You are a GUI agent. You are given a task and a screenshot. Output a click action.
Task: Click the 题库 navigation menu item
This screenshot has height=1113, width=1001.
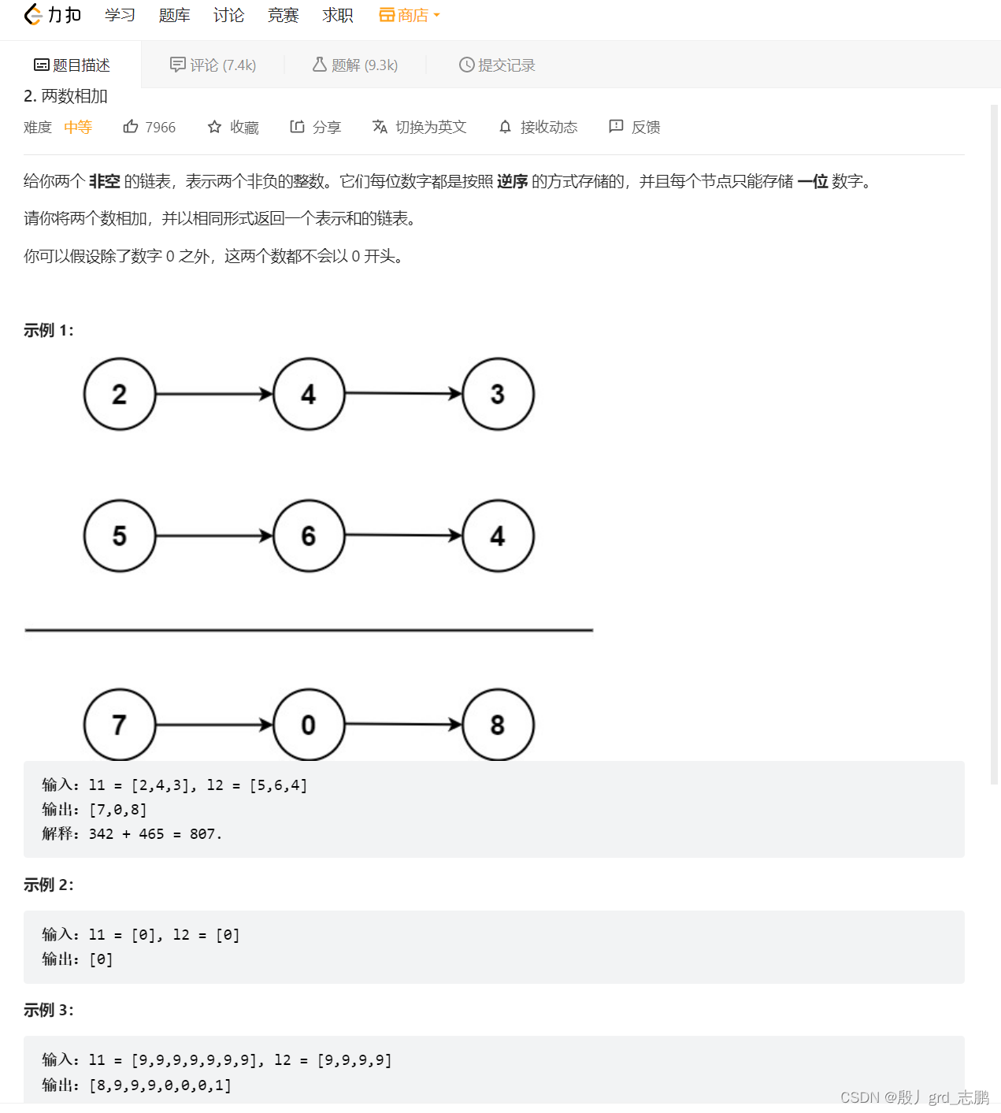tap(174, 16)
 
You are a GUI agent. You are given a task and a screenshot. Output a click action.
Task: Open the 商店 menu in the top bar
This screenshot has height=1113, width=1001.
tap(410, 16)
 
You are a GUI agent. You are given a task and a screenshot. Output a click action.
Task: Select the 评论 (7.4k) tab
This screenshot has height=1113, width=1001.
tap(213, 65)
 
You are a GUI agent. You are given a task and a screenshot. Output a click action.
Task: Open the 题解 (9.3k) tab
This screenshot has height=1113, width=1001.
tap(355, 65)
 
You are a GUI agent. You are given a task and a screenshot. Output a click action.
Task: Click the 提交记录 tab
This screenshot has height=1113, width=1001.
tap(497, 65)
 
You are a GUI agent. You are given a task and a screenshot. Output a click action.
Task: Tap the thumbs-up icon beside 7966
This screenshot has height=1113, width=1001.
tap(131, 127)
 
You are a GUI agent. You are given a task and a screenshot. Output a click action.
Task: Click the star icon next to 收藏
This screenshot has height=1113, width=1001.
tap(214, 127)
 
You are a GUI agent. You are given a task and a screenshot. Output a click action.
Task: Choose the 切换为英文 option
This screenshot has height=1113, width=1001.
tap(420, 127)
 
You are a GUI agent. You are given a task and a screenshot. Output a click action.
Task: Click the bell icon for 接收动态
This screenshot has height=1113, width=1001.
tap(505, 127)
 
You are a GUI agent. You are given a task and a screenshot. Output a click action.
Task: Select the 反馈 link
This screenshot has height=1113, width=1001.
tap(635, 127)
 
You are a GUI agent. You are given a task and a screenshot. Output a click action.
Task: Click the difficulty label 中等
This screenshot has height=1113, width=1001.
tap(78, 127)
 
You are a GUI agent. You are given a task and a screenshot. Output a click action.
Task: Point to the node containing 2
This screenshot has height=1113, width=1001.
tap(120, 394)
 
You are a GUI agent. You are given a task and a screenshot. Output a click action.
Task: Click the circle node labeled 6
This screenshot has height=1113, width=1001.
tap(309, 536)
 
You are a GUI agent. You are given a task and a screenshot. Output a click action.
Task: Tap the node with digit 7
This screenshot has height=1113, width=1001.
tap(120, 724)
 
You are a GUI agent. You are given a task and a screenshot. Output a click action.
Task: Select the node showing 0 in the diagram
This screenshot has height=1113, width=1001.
tap(309, 724)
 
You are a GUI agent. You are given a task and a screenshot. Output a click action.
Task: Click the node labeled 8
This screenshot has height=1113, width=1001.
tap(498, 724)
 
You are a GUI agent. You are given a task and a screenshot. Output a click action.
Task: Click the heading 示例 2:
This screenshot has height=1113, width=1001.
tap(49, 885)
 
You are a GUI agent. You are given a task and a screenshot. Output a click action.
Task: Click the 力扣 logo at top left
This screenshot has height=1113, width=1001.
tap(53, 15)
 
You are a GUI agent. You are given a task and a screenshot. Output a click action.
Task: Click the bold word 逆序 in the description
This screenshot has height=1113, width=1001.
tap(512, 181)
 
